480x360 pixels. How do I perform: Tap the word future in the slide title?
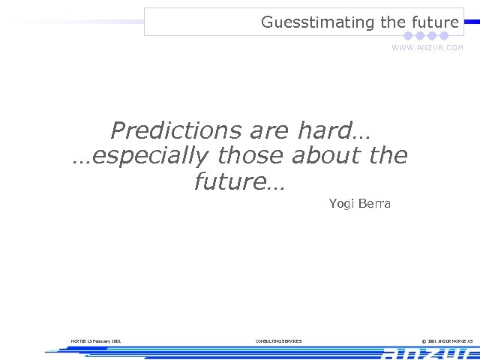click(433, 22)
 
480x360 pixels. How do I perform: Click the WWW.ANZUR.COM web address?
click(427, 47)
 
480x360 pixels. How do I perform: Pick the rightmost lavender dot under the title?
click(444, 36)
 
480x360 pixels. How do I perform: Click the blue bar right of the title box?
click(472, 22)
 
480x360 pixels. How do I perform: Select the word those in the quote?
click(250, 156)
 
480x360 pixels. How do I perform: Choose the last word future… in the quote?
click(239, 181)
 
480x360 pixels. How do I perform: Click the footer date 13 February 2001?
click(96, 341)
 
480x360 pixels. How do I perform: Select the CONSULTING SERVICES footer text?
click(278, 341)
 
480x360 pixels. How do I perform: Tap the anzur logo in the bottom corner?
click(427, 353)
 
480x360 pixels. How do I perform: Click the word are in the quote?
click(271, 131)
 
